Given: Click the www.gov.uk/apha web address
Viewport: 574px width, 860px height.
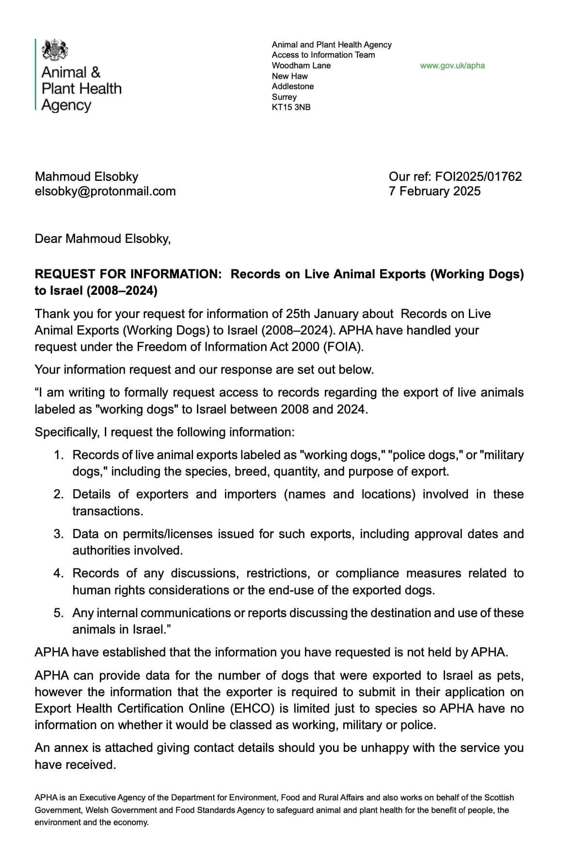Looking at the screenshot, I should click(x=452, y=65).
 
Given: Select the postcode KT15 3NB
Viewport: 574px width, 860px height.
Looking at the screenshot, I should click(x=291, y=107).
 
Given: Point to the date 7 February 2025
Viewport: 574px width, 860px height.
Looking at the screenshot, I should click(x=434, y=191).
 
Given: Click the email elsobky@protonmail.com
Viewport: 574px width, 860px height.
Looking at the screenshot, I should click(x=105, y=191).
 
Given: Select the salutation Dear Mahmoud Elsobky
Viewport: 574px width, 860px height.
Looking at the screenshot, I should click(x=102, y=239).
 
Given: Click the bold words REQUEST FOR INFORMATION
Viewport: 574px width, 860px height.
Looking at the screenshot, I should click(x=128, y=274).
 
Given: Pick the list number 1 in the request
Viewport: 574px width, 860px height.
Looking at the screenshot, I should click(x=59, y=455).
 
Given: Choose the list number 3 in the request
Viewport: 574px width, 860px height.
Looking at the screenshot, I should click(x=59, y=534).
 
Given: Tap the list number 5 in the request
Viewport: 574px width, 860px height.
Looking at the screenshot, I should click(x=59, y=613).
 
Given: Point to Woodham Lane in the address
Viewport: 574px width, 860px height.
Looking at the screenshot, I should click(x=301, y=65).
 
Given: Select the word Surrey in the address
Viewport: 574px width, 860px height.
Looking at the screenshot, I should click(x=284, y=97).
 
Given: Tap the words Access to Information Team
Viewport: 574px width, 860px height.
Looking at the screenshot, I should click(x=323, y=55).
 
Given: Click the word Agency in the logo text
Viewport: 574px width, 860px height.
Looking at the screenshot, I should click(x=66, y=105).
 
